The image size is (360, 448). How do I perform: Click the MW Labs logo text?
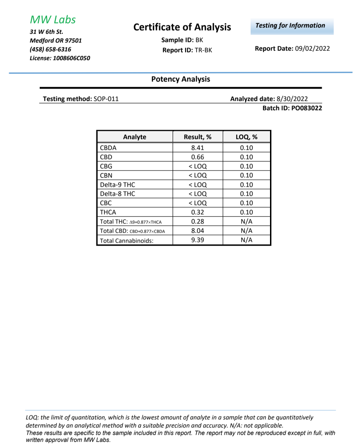[x=53, y=19]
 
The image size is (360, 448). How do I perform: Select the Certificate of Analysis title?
[x=182, y=27]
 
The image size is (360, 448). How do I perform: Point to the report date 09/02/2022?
[x=312, y=48]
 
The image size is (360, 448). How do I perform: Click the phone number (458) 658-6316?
[x=50, y=49]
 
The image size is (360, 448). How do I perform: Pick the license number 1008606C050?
[x=71, y=58]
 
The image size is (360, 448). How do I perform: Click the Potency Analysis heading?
[x=180, y=79]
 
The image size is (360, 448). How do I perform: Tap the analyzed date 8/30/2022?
[x=292, y=99]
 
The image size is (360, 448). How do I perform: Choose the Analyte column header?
[x=135, y=137]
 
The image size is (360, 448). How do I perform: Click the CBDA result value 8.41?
[x=197, y=148]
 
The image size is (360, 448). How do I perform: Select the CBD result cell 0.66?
[x=197, y=157]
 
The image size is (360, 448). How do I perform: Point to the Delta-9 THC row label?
[x=118, y=185]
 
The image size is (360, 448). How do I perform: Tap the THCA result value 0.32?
[x=197, y=212]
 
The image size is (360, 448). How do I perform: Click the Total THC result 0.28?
[x=197, y=222]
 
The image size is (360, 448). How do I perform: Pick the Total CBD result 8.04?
[x=197, y=231]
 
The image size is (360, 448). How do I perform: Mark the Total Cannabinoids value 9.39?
[x=197, y=240]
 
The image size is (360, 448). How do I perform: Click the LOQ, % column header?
[x=246, y=137]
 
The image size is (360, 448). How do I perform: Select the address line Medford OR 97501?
[x=56, y=40]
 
